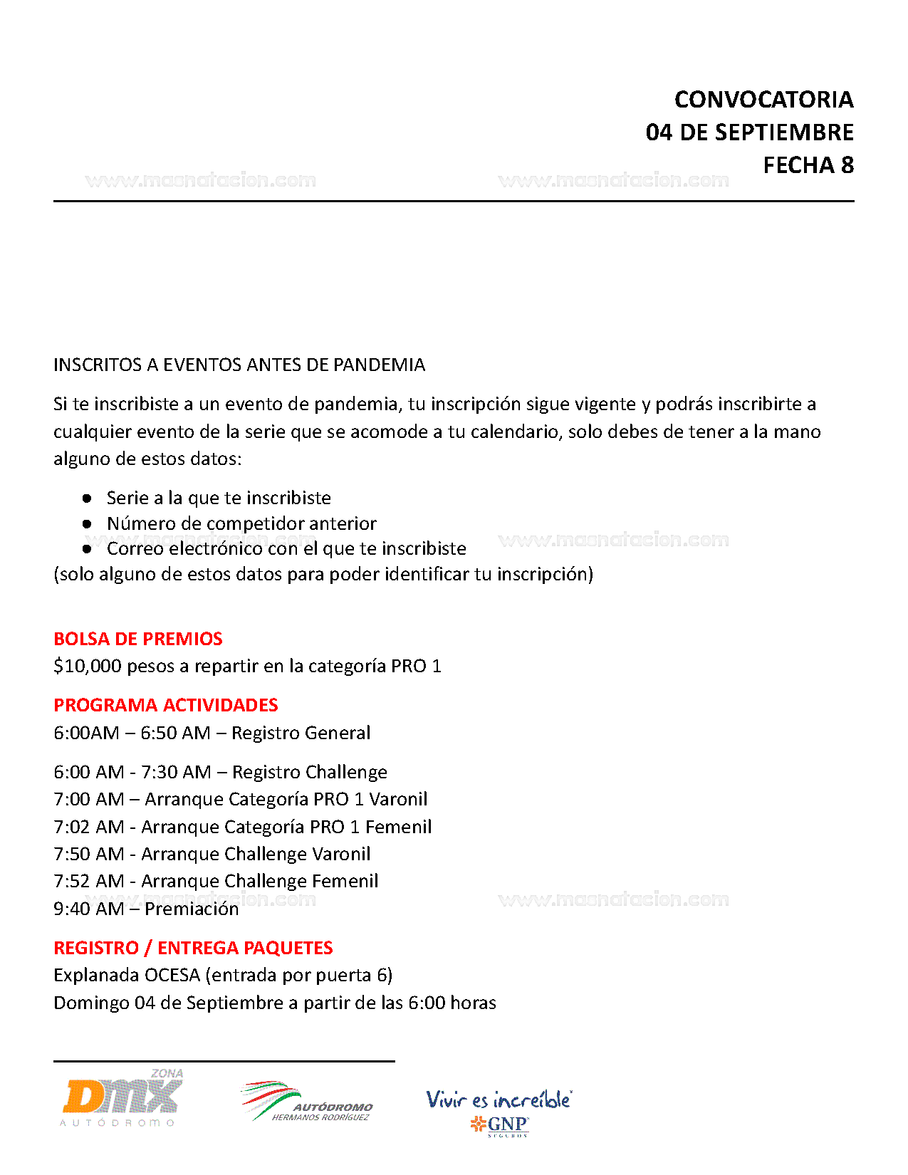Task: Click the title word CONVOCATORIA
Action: tap(763, 100)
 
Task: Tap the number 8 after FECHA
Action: tap(847, 165)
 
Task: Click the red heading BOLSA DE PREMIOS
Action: tap(138, 639)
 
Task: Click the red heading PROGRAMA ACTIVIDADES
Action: tap(166, 705)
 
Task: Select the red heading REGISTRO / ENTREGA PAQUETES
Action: tap(193, 948)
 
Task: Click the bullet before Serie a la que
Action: tap(87, 498)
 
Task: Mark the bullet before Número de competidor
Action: tap(87, 523)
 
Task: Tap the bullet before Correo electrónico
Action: tap(87, 549)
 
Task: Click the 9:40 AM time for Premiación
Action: tap(89, 909)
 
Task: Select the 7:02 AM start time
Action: tap(89, 827)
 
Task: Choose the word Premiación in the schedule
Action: tap(192, 909)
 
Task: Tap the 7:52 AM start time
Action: tap(89, 882)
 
